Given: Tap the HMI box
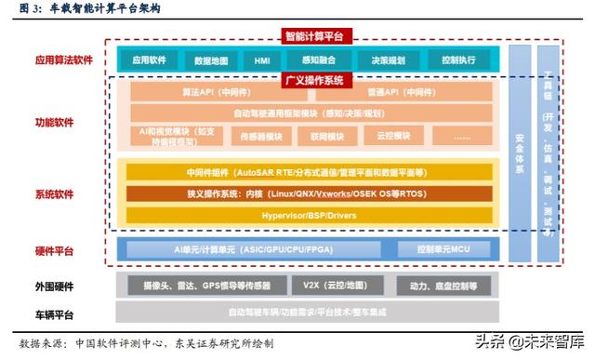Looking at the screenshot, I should pos(261,60).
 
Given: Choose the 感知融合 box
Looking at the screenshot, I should pos(314,60).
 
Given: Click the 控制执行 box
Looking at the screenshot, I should pos(458,60).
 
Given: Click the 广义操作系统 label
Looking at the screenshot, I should pos(313,81).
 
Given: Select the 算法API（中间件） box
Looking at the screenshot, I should pos(219,93).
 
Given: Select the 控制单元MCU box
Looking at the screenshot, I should pos(443,249).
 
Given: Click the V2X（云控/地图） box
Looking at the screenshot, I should pos(334,285).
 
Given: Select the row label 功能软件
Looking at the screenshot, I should pos(55,122).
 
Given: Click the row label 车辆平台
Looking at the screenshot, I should pos(55,313).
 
